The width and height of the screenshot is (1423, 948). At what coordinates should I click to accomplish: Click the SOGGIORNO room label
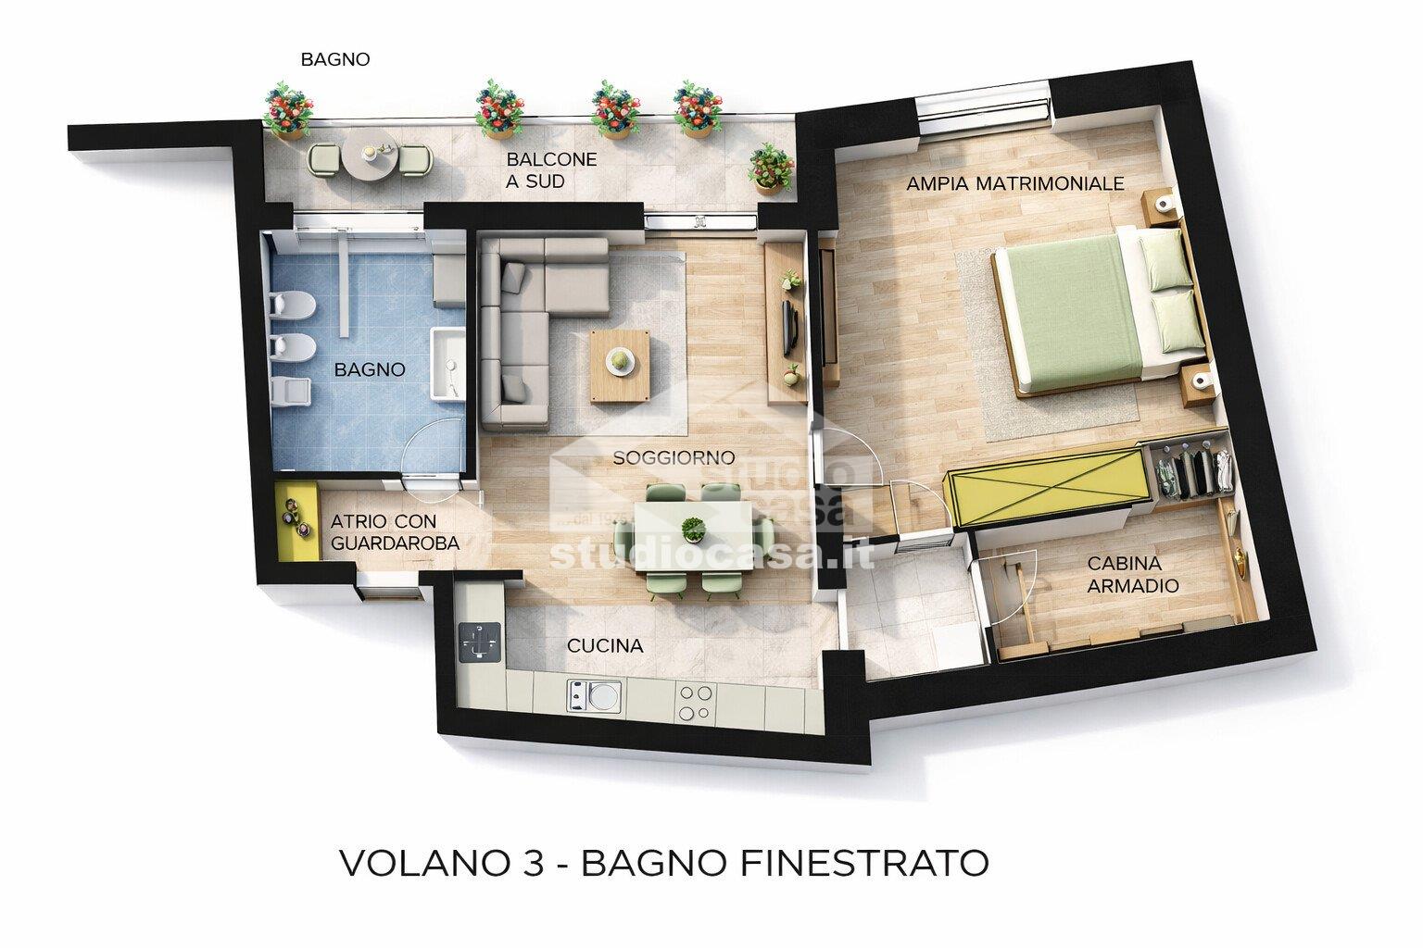click(x=674, y=458)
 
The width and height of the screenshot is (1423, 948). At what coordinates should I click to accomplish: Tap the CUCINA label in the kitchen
click(x=605, y=646)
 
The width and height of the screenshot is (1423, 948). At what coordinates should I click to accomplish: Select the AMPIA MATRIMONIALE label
click(x=1015, y=183)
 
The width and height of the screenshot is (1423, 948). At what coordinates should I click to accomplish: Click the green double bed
click(x=1079, y=312)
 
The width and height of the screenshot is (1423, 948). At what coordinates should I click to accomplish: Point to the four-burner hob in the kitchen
click(x=696, y=702)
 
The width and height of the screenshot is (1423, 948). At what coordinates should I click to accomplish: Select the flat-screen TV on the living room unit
click(x=788, y=327)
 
